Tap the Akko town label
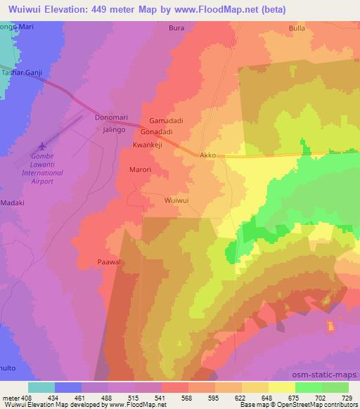207,155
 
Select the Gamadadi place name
166,121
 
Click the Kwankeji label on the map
148,145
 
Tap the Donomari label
109,119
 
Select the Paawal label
110,261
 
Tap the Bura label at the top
176,29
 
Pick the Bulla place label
297,29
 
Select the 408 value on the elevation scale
27,398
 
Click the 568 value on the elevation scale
186,398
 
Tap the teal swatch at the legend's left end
41,387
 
